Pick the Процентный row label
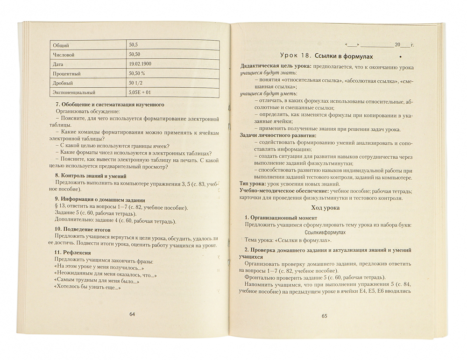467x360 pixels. tap(67, 73)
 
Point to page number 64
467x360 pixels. tap(132, 314)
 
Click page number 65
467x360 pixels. tap(325, 316)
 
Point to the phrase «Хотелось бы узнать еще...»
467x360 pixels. tap(87, 288)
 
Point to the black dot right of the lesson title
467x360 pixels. tap(401, 56)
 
